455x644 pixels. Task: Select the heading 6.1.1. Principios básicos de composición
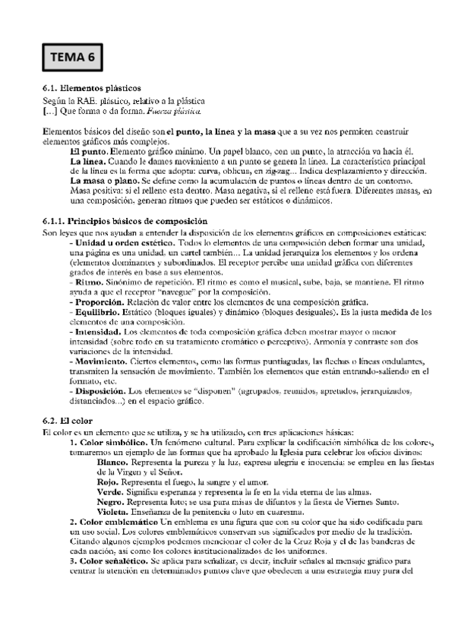pyautogui.click(x=125, y=221)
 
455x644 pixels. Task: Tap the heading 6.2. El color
pyautogui.click(x=68, y=420)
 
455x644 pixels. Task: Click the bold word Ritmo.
pyautogui.click(x=89, y=281)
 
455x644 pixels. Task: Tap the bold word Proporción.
pyautogui.click(x=99, y=301)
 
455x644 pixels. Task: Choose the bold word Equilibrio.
pyautogui.click(x=98, y=311)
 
